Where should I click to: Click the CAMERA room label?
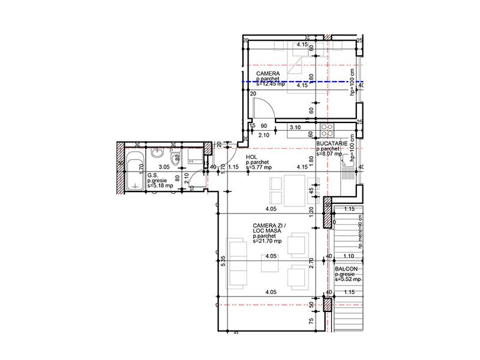268,73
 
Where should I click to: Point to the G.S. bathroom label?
152,176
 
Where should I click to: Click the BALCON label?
346,269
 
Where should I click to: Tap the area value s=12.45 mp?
270,85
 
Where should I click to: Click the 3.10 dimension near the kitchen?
295,128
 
